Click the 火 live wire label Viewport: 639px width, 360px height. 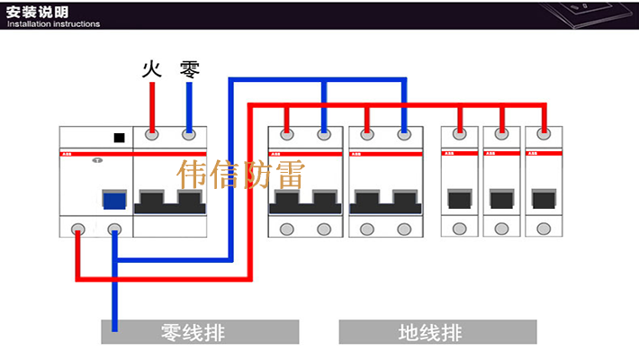(x=151, y=69)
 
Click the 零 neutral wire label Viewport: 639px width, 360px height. (x=189, y=69)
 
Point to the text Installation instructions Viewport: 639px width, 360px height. (x=53, y=24)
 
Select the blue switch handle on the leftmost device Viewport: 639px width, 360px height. (x=113, y=199)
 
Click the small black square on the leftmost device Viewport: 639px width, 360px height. (x=118, y=139)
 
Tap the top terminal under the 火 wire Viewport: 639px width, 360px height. (x=152, y=136)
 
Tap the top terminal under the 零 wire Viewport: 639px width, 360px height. (x=189, y=136)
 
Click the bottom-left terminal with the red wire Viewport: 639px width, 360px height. (x=78, y=228)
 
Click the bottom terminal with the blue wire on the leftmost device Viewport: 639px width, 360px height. (x=114, y=228)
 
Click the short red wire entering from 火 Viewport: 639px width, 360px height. (x=152, y=106)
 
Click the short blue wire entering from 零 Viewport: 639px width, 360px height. (x=189, y=106)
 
